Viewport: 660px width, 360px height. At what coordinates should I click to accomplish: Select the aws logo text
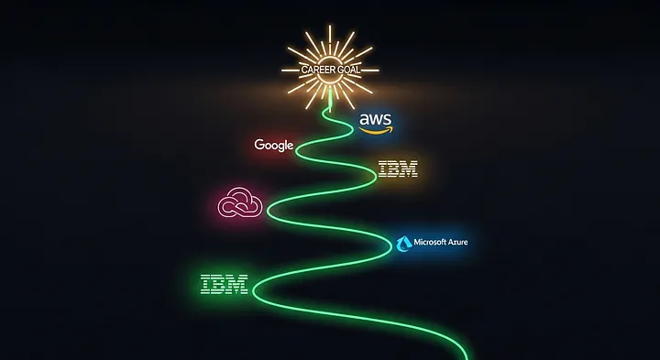pos(376,119)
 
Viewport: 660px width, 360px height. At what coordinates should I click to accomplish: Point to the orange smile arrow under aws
pos(377,131)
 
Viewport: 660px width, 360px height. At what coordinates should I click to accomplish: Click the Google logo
pos(274,145)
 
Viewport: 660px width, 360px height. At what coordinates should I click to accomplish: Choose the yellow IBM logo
pos(398,169)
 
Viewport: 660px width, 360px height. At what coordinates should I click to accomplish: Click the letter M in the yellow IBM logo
pos(409,169)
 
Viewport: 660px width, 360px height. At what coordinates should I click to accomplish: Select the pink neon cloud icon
pos(239,202)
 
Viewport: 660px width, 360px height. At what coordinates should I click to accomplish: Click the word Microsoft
pos(435,243)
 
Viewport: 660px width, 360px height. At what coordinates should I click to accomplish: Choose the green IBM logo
pos(224,284)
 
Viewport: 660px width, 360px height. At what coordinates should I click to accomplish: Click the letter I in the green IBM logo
pos(205,284)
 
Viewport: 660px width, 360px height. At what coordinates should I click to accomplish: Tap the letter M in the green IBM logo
pos(237,284)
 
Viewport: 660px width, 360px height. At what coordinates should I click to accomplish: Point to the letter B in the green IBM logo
pos(219,284)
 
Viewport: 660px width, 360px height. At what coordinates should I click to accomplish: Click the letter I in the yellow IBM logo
pos(384,169)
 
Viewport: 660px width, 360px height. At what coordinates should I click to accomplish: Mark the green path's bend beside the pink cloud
pos(269,209)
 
